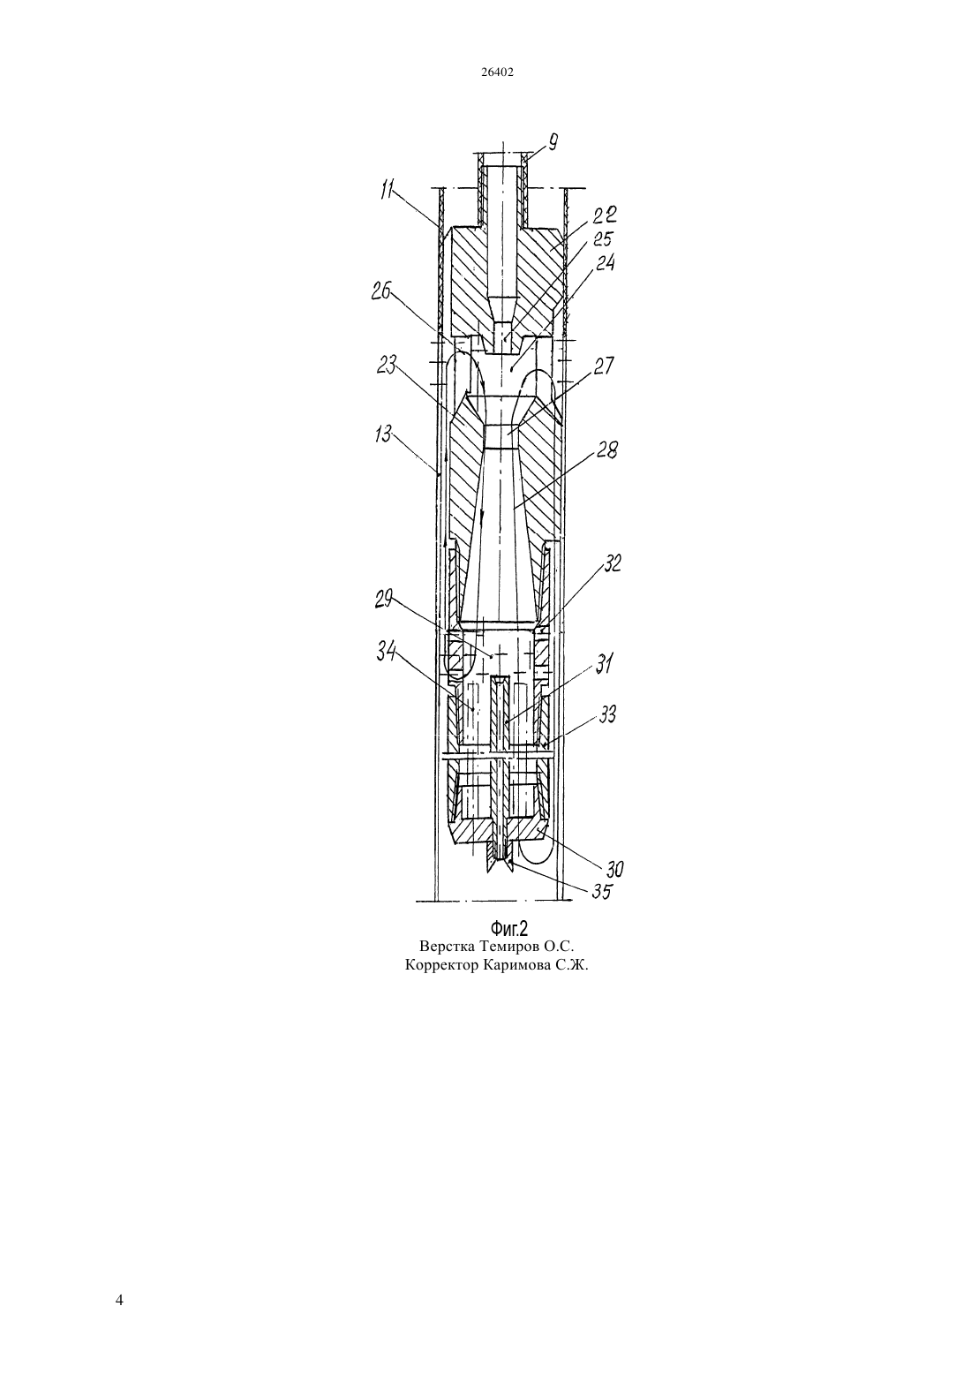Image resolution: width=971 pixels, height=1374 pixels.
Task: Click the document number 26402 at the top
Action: click(x=497, y=72)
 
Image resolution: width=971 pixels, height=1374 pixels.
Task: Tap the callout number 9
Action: click(x=553, y=143)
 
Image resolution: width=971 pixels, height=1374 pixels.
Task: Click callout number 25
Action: click(x=603, y=239)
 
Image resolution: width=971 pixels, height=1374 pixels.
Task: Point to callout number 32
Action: click(x=612, y=563)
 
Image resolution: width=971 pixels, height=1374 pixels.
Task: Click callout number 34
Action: click(x=387, y=653)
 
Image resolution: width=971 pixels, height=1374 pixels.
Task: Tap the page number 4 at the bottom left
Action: click(x=119, y=1301)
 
